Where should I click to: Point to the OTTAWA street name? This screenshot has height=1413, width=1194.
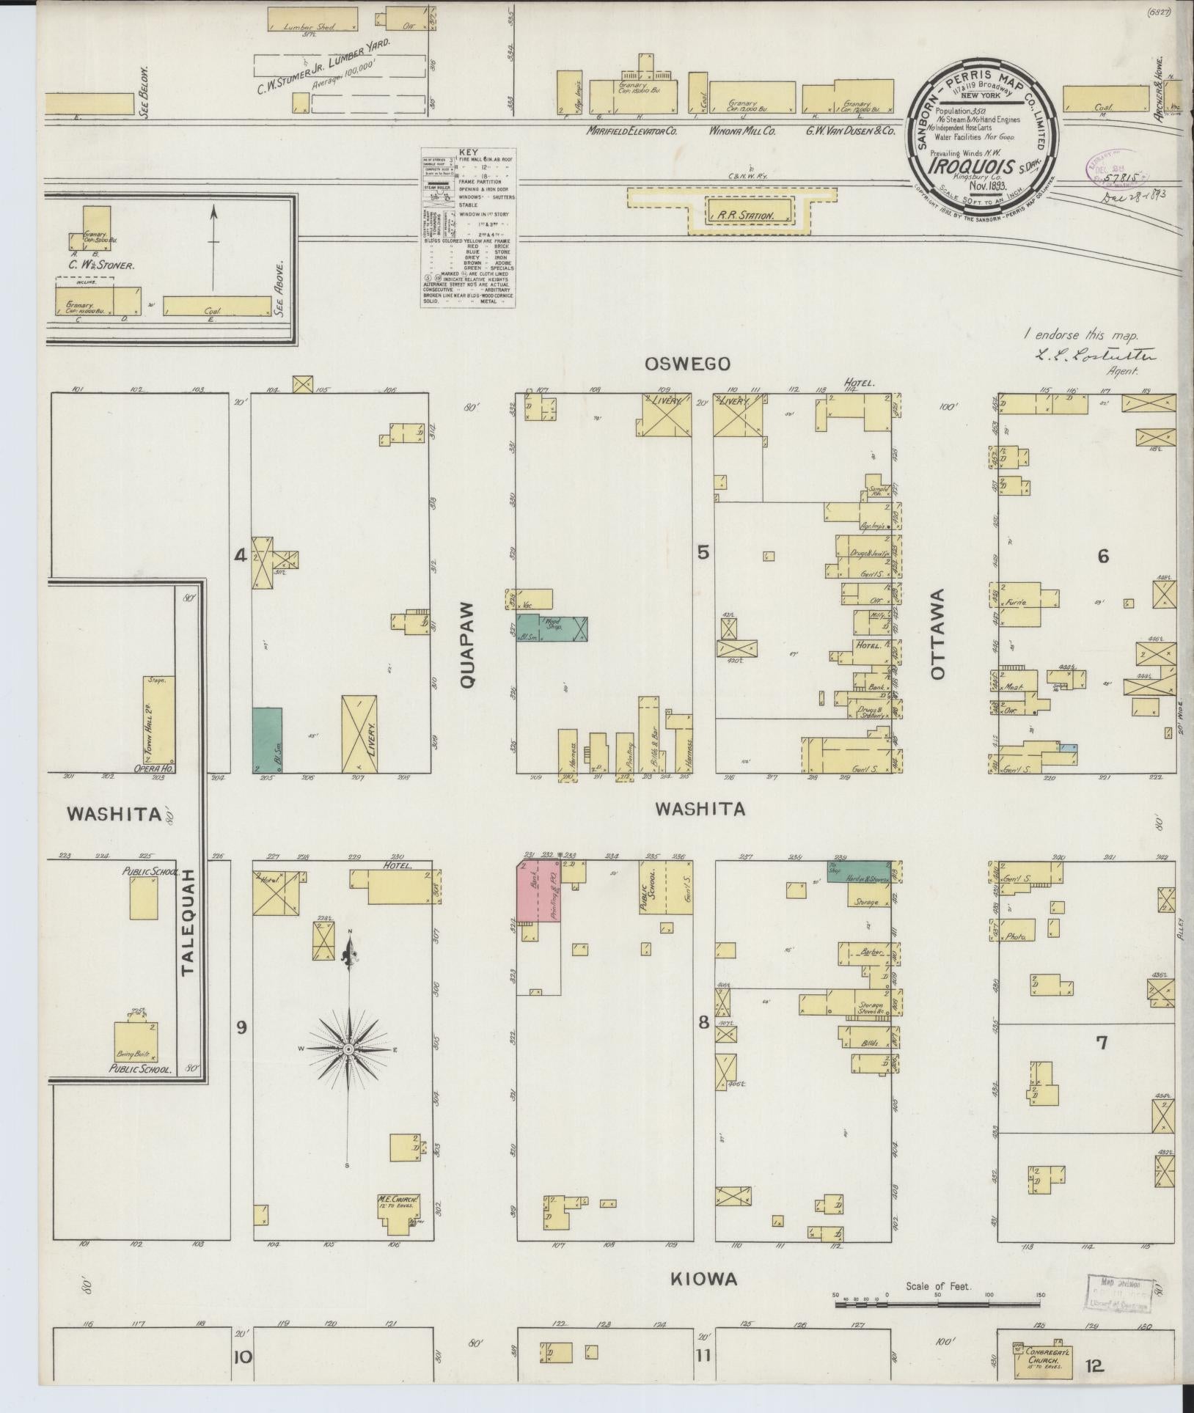[941, 634]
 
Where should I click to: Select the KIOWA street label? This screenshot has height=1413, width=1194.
[703, 1279]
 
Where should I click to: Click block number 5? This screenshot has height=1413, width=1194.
[703, 553]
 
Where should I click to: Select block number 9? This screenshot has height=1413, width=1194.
[241, 1027]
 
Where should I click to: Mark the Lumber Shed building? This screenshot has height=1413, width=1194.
[312, 19]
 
